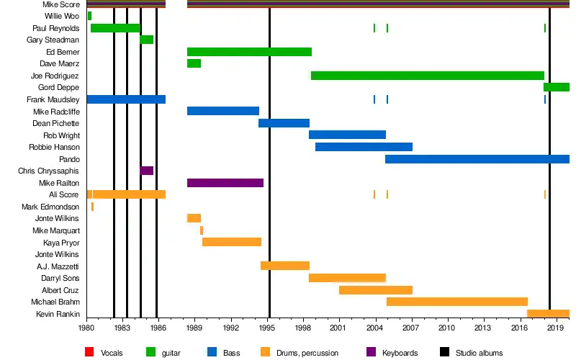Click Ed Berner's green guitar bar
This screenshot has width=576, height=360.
tap(249, 52)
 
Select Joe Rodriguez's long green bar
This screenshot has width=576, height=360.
tap(428, 76)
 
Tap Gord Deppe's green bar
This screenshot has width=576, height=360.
tap(557, 87)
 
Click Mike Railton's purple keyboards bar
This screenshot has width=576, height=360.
tap(225, 183)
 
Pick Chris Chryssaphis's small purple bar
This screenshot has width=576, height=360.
tap(147, 171)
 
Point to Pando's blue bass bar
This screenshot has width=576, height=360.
tap(477, 159)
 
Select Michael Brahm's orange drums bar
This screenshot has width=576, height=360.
tap(457, 302)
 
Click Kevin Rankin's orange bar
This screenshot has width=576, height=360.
tap(548, 314)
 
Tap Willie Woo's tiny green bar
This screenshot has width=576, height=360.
tap(89, 16)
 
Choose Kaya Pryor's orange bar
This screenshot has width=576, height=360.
tap(232, 242)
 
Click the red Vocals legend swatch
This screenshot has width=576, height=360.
tap(89, 352)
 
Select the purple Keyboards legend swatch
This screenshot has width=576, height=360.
tap(371, 352)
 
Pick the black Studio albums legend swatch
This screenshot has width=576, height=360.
tap(444, 352)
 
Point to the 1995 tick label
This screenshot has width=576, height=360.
tap(267, 328)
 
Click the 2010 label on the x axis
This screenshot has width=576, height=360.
tap(446, 328)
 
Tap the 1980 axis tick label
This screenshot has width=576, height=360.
tap(86, 328)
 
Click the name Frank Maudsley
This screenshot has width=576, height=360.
tap(53, 99)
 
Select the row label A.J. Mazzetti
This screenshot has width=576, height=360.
tap(58, 266)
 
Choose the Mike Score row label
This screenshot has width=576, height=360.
tap(61, 4)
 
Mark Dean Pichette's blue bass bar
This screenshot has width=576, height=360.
tap(284, 123)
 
